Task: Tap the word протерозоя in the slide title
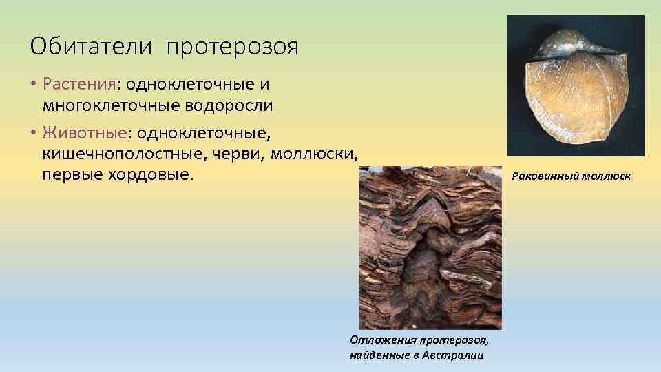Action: pos(232,48)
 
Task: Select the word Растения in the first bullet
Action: pos(79,84)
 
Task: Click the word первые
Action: pos(72,174)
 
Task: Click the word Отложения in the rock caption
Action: pos(377,340)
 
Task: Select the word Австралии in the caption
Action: pos(459,355)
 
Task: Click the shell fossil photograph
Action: pos(576,85)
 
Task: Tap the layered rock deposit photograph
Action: pos(430,248)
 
